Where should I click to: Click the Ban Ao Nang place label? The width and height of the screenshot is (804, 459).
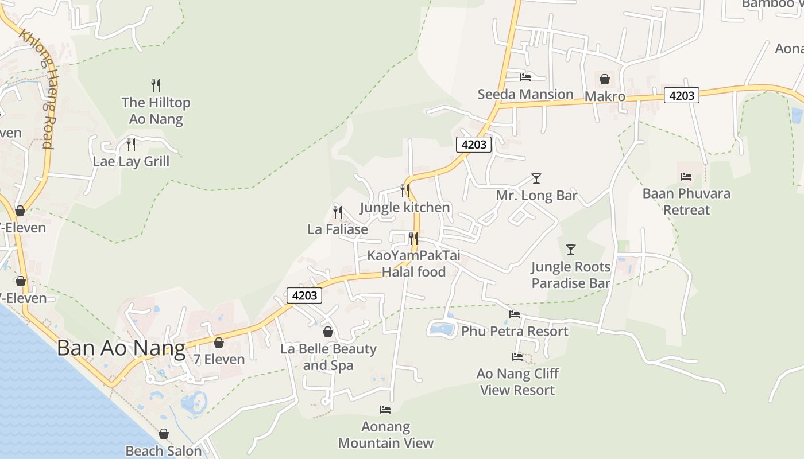[121, 348]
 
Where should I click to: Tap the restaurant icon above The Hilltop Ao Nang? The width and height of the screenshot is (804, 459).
[155, 85]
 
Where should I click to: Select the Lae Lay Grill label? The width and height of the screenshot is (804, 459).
[132, 161]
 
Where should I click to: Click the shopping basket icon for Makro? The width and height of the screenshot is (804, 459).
[605, 79]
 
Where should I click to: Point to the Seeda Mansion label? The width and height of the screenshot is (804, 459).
[525, 94]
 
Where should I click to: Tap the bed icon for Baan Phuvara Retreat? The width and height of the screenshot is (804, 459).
[686, 177]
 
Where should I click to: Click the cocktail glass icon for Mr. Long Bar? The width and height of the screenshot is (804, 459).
[536, 178]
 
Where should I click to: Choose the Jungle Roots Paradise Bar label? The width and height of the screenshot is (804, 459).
[570, 275]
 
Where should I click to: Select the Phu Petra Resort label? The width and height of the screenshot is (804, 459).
[515, 332]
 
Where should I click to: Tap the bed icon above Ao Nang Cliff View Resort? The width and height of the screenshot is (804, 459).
[517, 357]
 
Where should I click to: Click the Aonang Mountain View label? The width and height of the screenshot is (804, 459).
[385, 435]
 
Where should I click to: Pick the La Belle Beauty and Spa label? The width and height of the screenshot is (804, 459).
[328, 357]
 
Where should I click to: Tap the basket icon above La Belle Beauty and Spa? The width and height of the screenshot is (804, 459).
[328, 332]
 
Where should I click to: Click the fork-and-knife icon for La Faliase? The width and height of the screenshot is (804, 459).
[338, 212]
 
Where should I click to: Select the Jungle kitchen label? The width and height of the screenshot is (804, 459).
[405, 207]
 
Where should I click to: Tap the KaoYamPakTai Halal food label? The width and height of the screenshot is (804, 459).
[413, 263]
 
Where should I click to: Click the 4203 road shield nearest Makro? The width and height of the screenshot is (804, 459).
[682, 95]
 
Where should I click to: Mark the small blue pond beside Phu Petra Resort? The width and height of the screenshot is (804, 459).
[441, 329]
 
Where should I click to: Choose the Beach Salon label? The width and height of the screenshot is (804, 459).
[164, 451]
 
